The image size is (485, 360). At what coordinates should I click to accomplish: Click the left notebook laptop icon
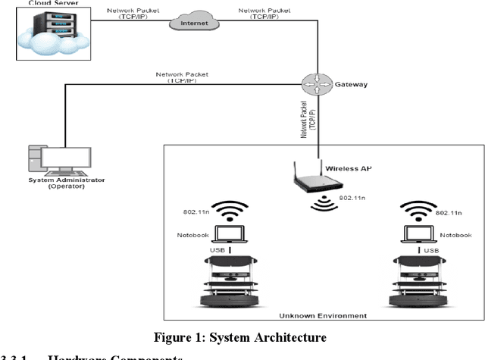[x=230, y=236]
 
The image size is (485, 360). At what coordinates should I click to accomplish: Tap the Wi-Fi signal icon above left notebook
[x=230, y=211]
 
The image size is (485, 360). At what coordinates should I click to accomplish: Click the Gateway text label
[x=351, y=84]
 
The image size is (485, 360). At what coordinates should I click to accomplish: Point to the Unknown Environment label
[x=323, y=315]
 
